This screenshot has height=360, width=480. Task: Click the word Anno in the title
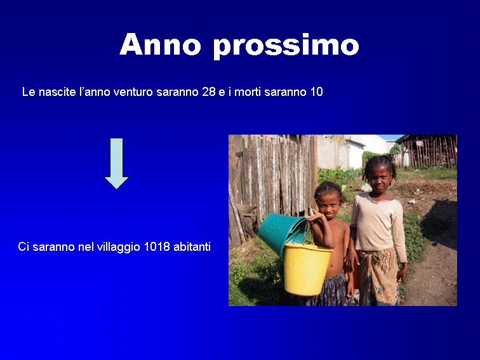(161, 44)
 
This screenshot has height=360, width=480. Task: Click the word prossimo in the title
(286, 46)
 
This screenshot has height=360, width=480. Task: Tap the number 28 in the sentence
(209, 92)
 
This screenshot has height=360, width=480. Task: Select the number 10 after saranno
(317, 92)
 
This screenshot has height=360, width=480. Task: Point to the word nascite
(57, 92)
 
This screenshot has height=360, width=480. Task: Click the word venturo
(133, 92)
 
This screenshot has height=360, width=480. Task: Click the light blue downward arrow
(116, 163)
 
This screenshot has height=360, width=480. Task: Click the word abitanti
(192, 247)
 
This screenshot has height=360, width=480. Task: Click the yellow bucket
(307, 269)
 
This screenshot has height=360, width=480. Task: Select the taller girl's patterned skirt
(378, 276)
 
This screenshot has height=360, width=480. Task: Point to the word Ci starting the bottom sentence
(23, 247)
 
